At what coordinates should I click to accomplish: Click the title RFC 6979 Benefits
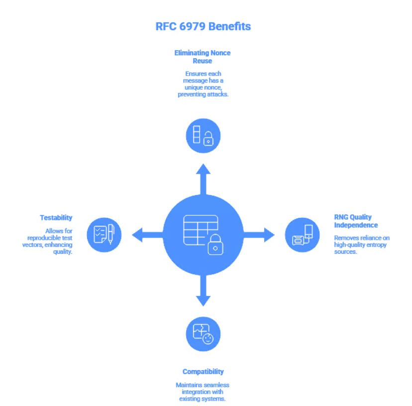203,26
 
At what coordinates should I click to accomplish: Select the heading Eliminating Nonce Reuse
203,57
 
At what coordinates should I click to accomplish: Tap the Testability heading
56,217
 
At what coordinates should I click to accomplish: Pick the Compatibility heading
203,372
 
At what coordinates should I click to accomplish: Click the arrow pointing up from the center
203,177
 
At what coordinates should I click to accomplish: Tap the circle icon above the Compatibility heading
203,334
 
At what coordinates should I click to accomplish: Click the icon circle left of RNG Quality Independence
302,234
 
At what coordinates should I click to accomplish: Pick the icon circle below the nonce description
203,135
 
